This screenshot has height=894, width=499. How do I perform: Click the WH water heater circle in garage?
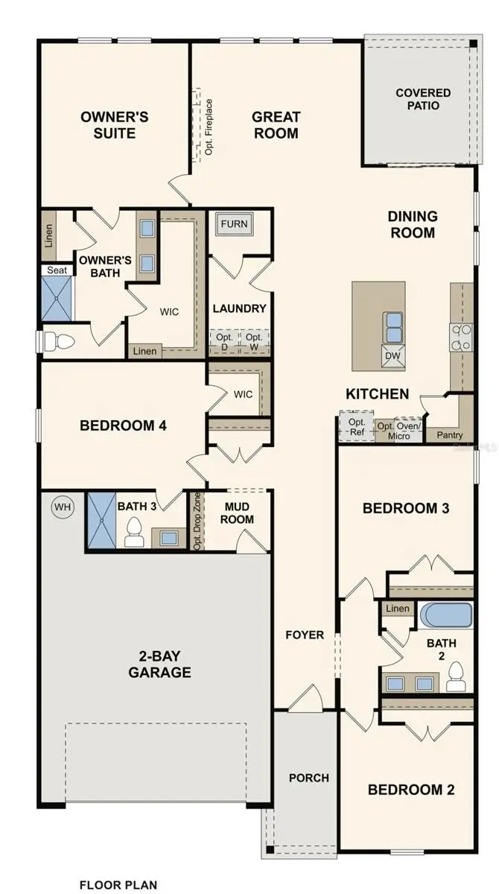(63, 508)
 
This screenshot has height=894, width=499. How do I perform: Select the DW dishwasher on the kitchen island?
(392, 356)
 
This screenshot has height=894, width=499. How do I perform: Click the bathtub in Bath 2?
(445, 616)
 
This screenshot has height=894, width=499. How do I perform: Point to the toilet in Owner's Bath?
(57, 341)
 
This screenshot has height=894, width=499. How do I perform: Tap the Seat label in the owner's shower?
(57, 270)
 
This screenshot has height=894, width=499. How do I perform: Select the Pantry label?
(450, 435)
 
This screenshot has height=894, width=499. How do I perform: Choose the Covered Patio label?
(422, 99)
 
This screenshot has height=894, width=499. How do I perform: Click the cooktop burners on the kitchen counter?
(461, 337)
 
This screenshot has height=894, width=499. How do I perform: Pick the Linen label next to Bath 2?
(397, 609)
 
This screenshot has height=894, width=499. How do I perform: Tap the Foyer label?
(305, 635)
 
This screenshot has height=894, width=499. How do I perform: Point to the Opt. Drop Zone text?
(197, 521)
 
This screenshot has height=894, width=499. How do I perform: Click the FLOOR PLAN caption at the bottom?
(119, 885)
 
